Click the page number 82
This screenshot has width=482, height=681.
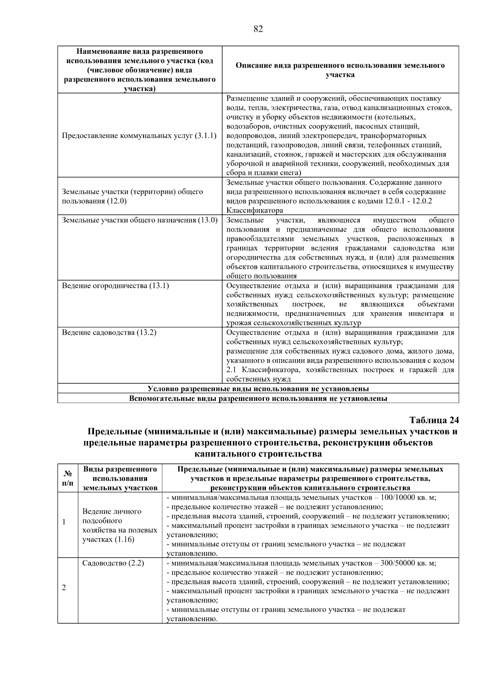[x=258, y=29]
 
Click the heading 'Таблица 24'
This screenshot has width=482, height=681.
[x=434, y=420]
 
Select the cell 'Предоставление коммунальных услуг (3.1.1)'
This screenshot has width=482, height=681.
[x=139, y=136]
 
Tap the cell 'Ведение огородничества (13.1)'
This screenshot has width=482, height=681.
[x=115, y=286]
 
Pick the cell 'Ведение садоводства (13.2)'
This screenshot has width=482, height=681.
[x=109, y=333]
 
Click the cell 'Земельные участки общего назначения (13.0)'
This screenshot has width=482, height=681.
[x=139, y=220]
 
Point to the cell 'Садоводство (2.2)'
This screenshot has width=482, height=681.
[x=113, y=563]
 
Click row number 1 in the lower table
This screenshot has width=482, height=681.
[x=64, y=522]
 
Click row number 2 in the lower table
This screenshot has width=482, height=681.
[x=64, y=587]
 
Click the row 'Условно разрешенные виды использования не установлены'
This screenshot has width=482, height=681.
[x=258, y=388]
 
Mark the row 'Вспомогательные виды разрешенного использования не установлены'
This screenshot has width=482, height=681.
[x=258, y=398]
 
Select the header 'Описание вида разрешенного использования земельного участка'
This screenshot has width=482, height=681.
[x=340, y=70]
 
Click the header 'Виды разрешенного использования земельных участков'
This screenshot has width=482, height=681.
[x=120, y=478]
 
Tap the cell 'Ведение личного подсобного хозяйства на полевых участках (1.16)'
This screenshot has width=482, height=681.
[x=119, y=525]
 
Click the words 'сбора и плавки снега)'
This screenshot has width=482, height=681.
[x=263, y=173]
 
